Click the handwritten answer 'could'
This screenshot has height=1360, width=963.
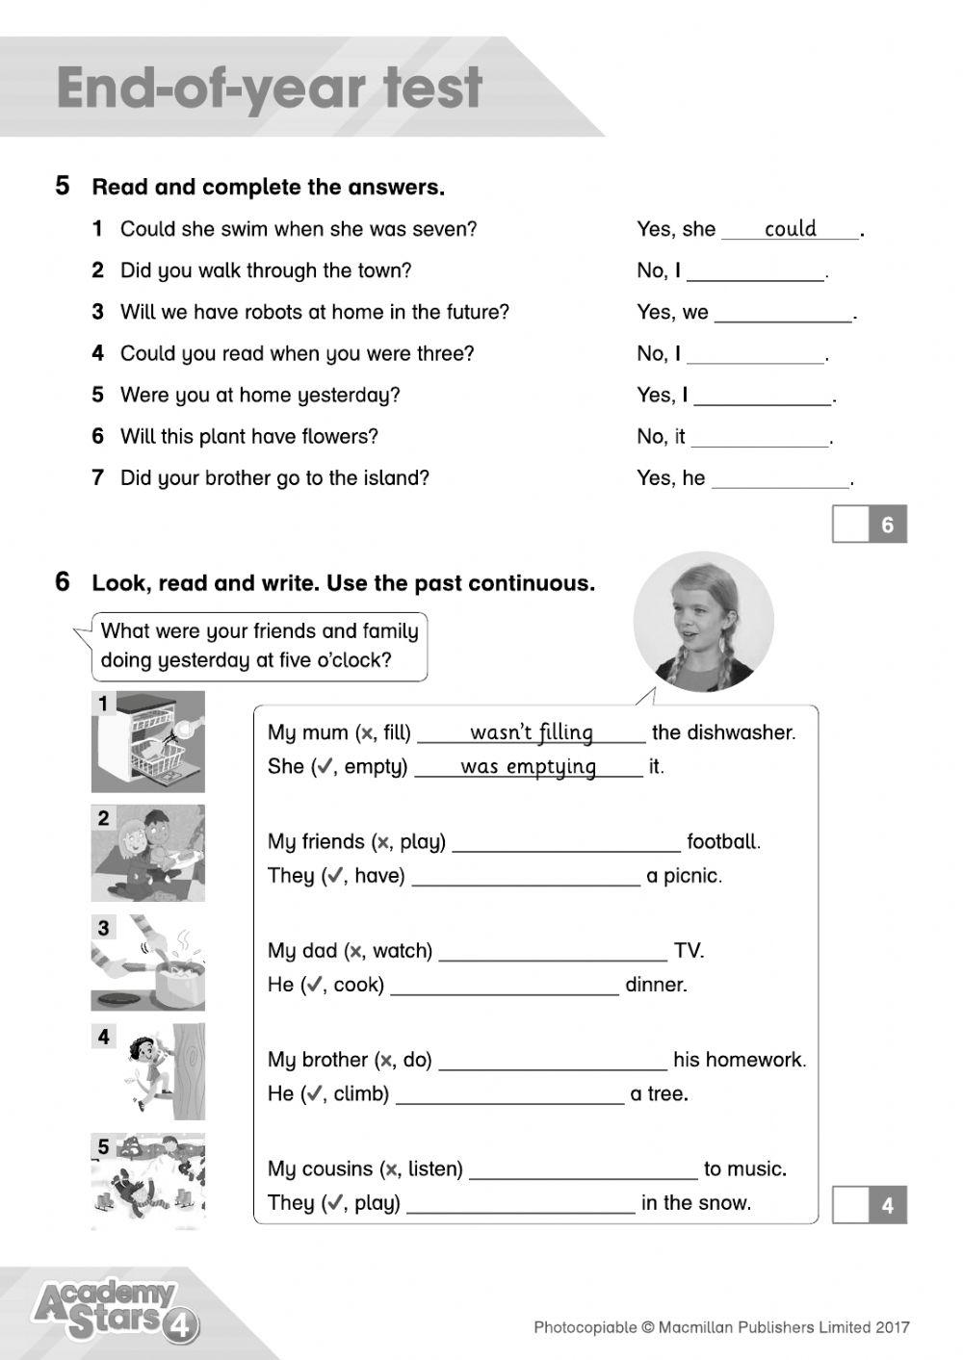pyautogui.click(x=790, y=229)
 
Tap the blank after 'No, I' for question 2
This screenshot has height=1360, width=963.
pyautogui.click(x=756, y=271)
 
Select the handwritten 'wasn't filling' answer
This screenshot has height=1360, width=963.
pyautogui.click(x=532, y=732)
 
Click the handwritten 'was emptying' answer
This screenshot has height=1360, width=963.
pyautogui.click(x=528, y=767)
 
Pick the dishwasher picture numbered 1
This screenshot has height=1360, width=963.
pyautogui.click(x=148, y=741)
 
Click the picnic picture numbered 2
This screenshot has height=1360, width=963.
pyautogui.click(x=148, y=853)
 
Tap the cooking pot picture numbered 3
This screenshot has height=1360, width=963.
pyautogui.click(x=148, y=962)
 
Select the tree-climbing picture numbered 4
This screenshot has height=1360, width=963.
pyautogui.click(x=148, y=1071)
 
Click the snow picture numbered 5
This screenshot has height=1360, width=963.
pyautogui.click(x=148, y=1181)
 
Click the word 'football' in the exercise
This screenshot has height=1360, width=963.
pyautogui.click(x=722, y=842)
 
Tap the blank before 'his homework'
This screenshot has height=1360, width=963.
pyautogui.click(x=552, y=1061)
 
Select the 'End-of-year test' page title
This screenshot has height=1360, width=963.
pyautogui.click(x=270, y=89)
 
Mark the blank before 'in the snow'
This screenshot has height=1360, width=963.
pyautogui.click(x=520, y=1203)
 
